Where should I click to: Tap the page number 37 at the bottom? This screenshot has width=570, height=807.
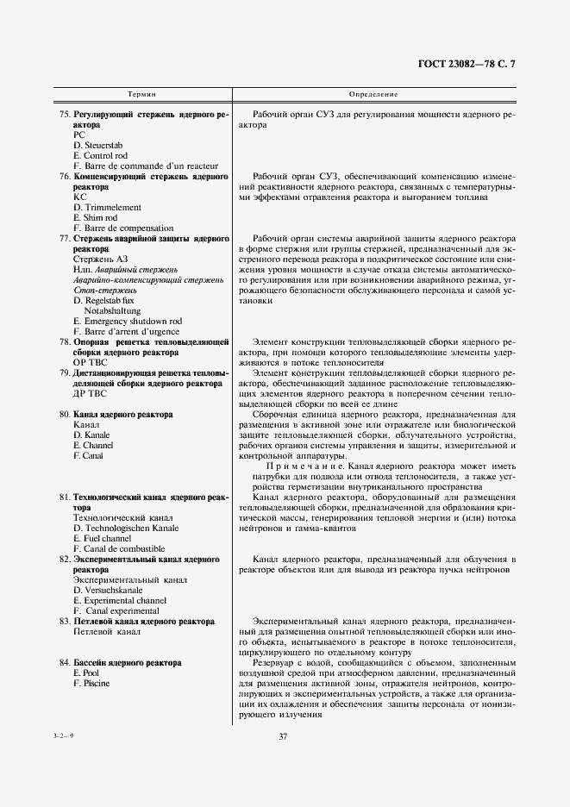tap(283, 735)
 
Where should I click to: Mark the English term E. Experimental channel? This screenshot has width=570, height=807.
tap(120, 600)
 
